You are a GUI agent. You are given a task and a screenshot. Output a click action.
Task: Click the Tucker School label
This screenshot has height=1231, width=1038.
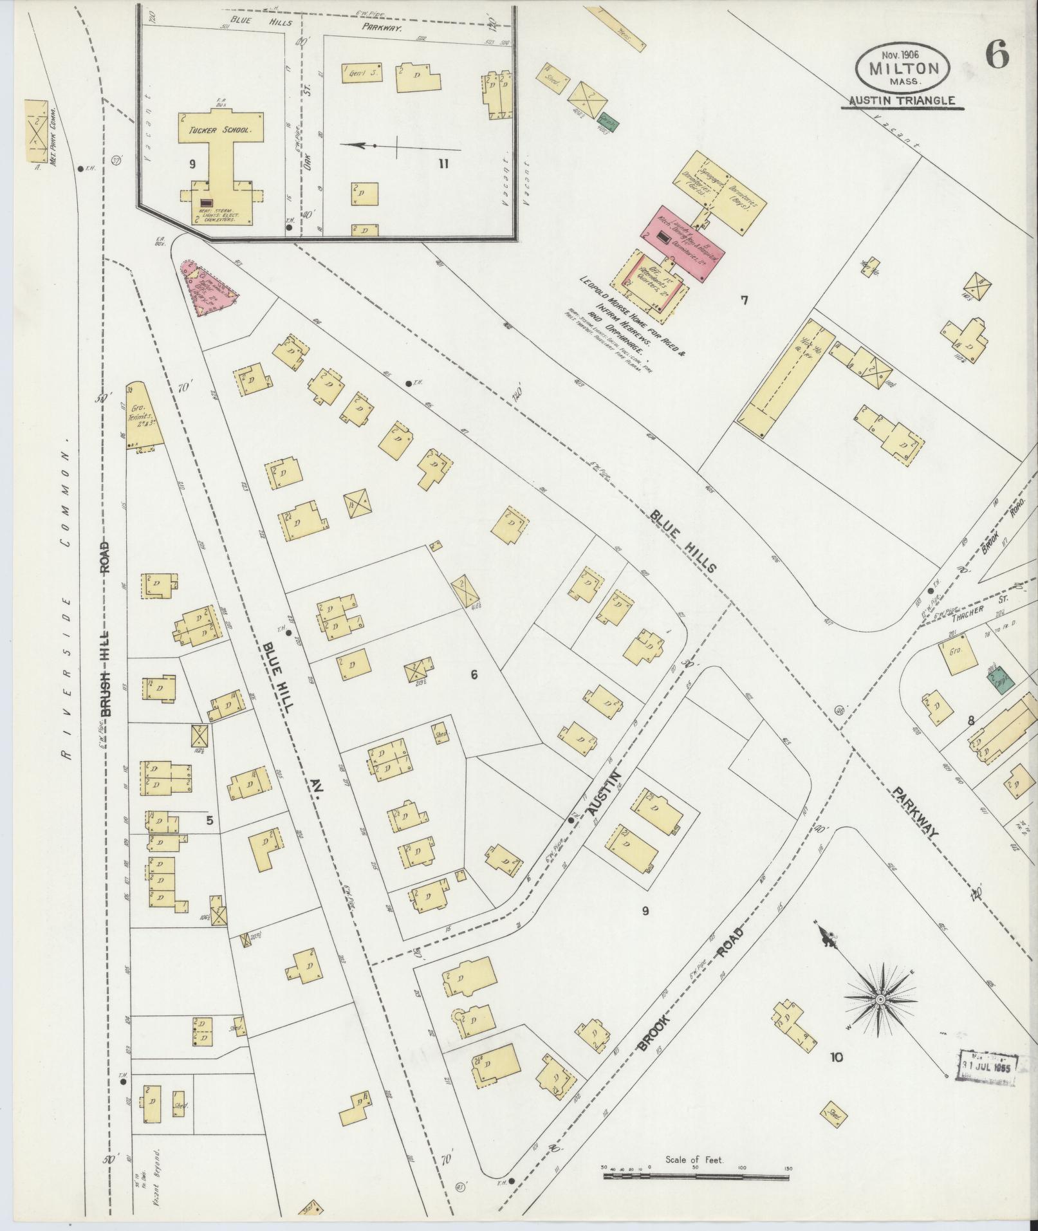click(221, 129)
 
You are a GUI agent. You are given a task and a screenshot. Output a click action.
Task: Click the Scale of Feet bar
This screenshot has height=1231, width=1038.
click(696, 1175)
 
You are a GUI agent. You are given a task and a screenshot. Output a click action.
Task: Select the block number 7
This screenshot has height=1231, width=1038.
click(745, 299)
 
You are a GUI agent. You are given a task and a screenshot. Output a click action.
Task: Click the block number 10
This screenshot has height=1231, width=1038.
click(836, 1057)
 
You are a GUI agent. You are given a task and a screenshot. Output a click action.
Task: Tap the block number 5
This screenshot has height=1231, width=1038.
click(208, 820)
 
